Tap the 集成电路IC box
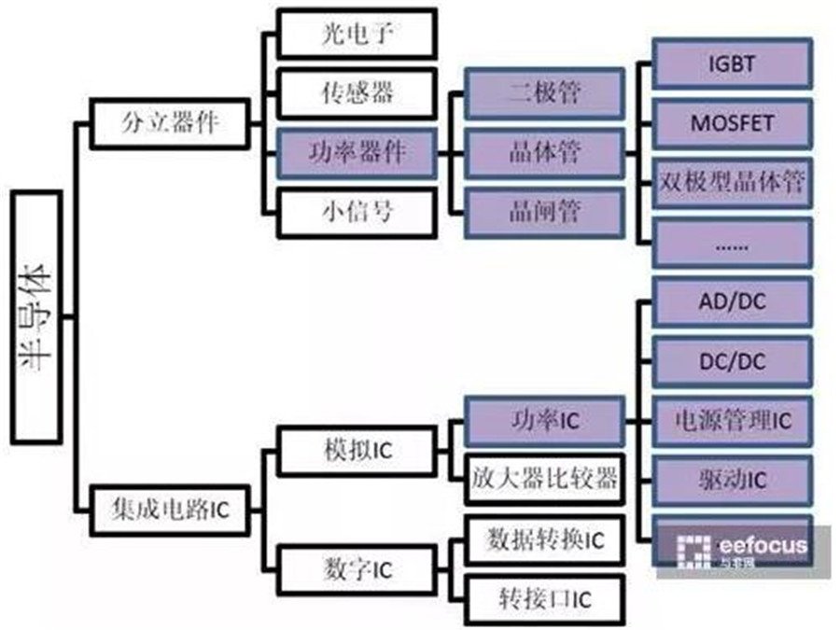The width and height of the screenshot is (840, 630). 163,510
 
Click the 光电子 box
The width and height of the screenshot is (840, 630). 356,35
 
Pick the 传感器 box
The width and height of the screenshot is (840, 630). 356,91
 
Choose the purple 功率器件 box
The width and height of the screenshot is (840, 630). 356,150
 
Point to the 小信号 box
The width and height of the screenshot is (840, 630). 356,211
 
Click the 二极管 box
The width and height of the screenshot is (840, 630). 543,91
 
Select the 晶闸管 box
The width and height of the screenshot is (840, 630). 543,211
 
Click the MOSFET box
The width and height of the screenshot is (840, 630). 732,122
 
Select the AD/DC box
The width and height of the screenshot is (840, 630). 732,301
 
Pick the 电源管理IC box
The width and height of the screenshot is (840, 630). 732,420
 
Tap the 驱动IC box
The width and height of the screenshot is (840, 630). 732,480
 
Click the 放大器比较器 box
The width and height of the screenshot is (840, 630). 543,479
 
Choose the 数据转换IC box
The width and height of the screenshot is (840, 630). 543,539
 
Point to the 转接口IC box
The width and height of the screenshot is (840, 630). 543,598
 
